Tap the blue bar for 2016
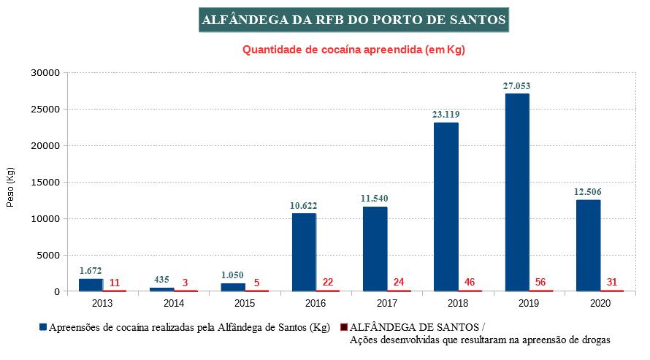pos(304,252)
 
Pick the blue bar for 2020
pos(588,245)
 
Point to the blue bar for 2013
pos(91,285)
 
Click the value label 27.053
pos(516,86)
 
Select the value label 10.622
pos(304,206)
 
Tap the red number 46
pos(470,282)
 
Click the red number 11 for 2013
pos(115,282)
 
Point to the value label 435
pos(162,280)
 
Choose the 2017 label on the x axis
pos(387,302)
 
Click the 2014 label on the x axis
pos(174,302)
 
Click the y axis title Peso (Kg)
pos(10,188)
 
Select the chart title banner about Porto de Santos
pos(353,20)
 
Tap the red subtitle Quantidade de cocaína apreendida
pos(353,50)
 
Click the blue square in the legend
pos(44,327)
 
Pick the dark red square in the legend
pos(344,327)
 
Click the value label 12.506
pos(588,192)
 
